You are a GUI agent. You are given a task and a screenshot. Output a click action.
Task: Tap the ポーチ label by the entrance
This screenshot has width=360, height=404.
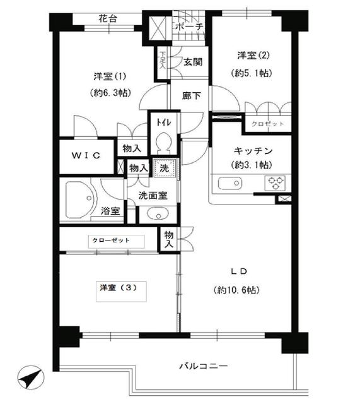point(189,27)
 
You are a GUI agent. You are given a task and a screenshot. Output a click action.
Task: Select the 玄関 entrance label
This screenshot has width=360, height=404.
point(192,61)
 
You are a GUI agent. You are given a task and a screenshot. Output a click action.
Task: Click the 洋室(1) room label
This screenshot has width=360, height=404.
point(110,76)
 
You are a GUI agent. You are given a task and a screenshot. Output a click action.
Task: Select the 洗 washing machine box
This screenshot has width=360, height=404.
point(164,169)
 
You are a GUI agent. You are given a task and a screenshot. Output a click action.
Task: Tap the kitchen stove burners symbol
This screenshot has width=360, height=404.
point(276,184)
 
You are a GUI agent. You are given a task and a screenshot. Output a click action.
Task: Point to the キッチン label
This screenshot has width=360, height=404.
point(252,150)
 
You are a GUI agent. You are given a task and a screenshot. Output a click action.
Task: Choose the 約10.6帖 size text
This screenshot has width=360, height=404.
point(236,290)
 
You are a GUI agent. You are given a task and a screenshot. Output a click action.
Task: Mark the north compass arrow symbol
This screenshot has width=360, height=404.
point(28,379)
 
